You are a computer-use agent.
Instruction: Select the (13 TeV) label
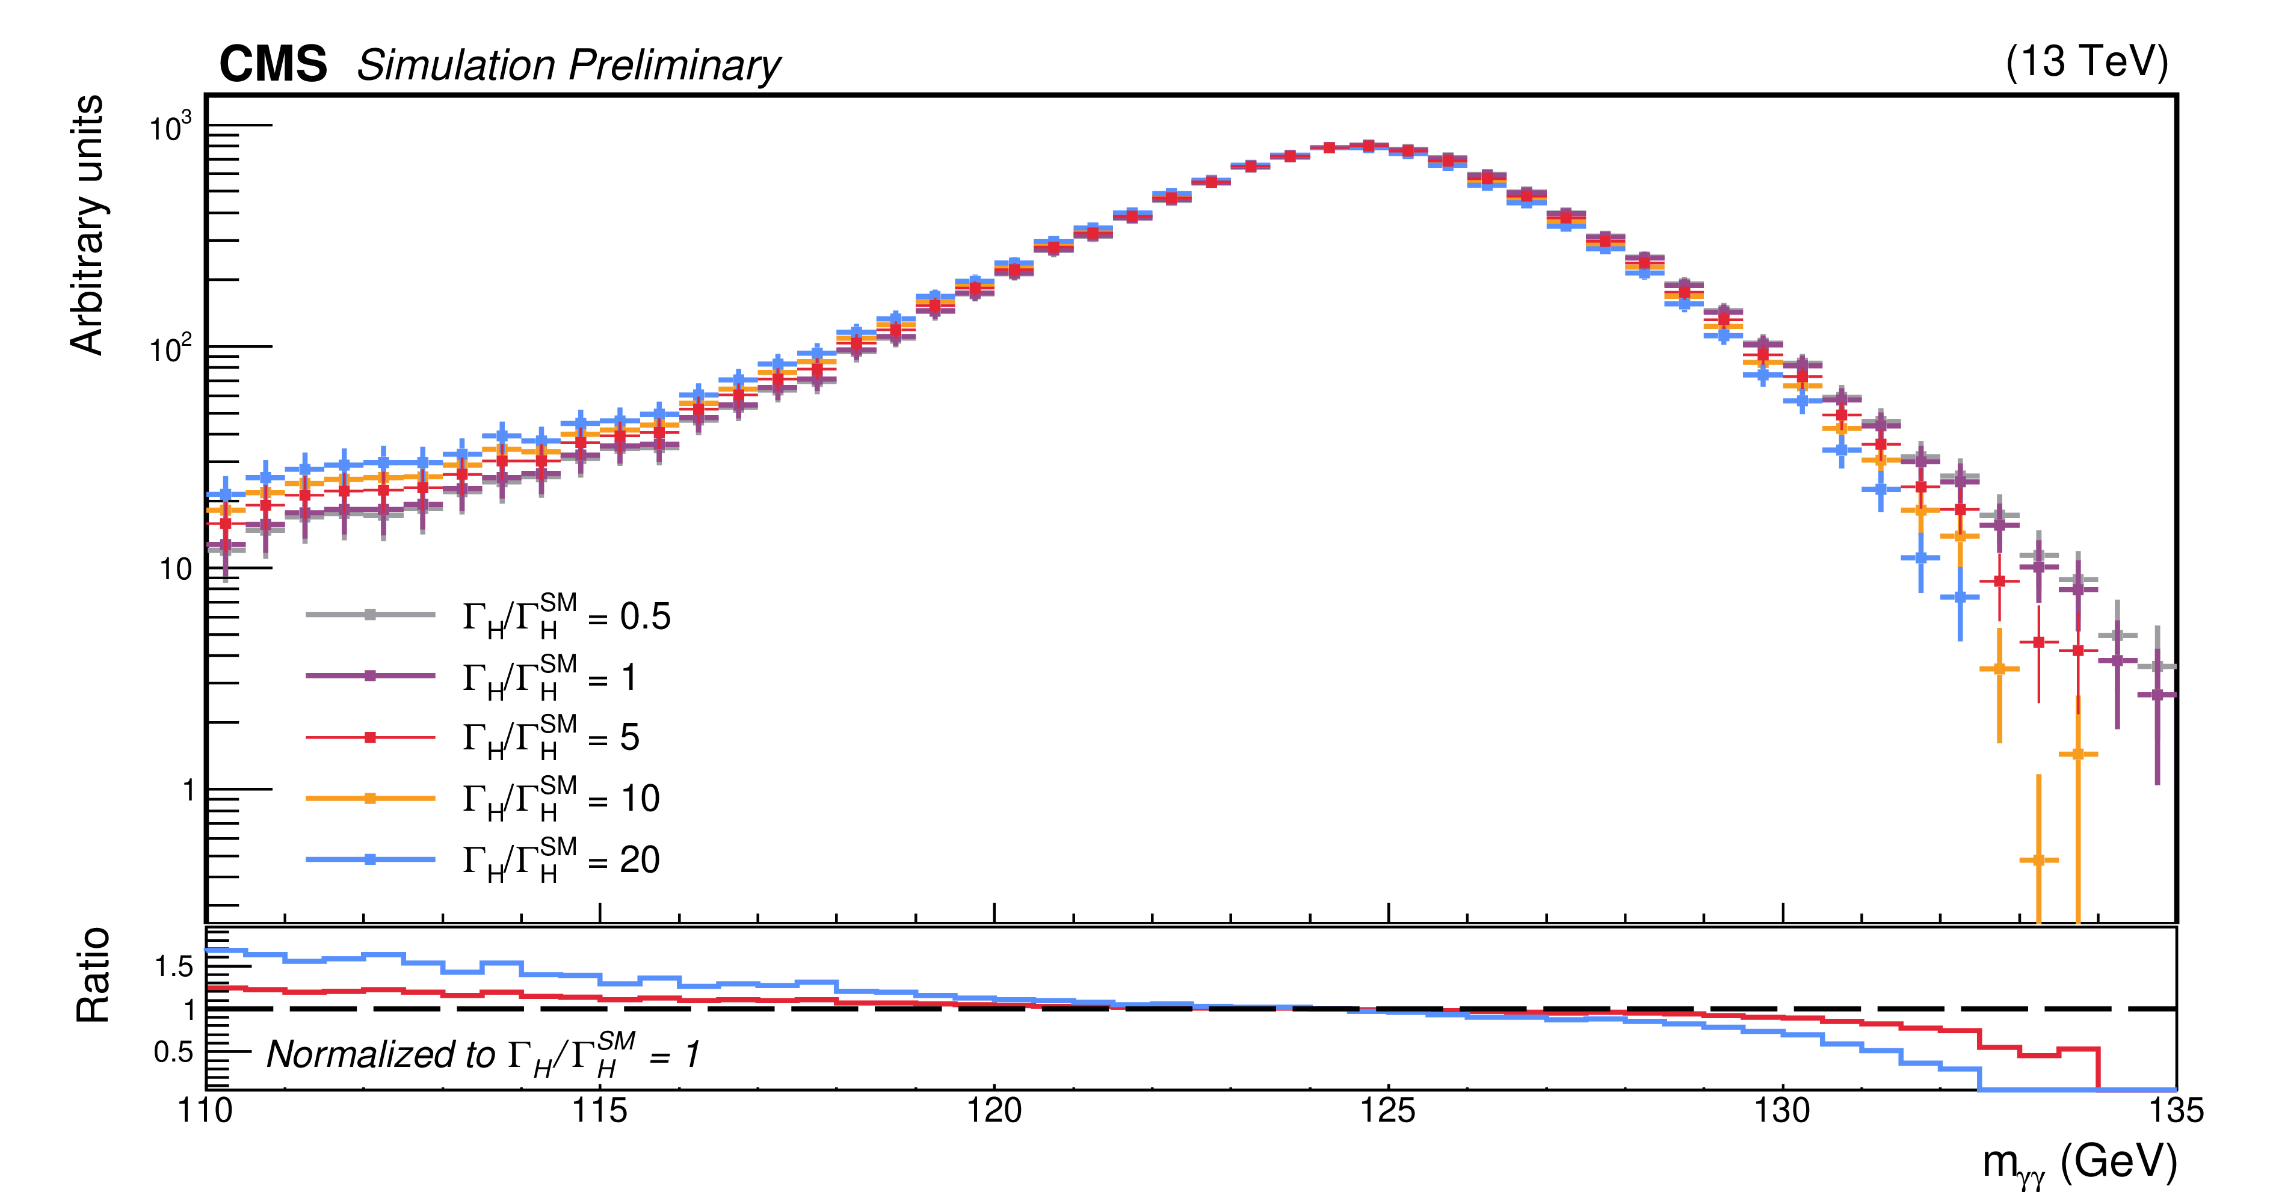point(2086,62)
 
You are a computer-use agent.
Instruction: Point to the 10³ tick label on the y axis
point(170,129)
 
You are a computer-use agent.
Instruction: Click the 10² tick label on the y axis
point(170,350)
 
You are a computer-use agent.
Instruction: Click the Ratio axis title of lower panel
point(93,975)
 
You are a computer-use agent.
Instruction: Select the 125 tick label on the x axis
point(1388,1111)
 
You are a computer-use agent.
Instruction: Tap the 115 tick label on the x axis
point(599,1111)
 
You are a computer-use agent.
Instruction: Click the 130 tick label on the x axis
point(1783,1111)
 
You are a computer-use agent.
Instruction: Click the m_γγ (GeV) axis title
point(2079,1164)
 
